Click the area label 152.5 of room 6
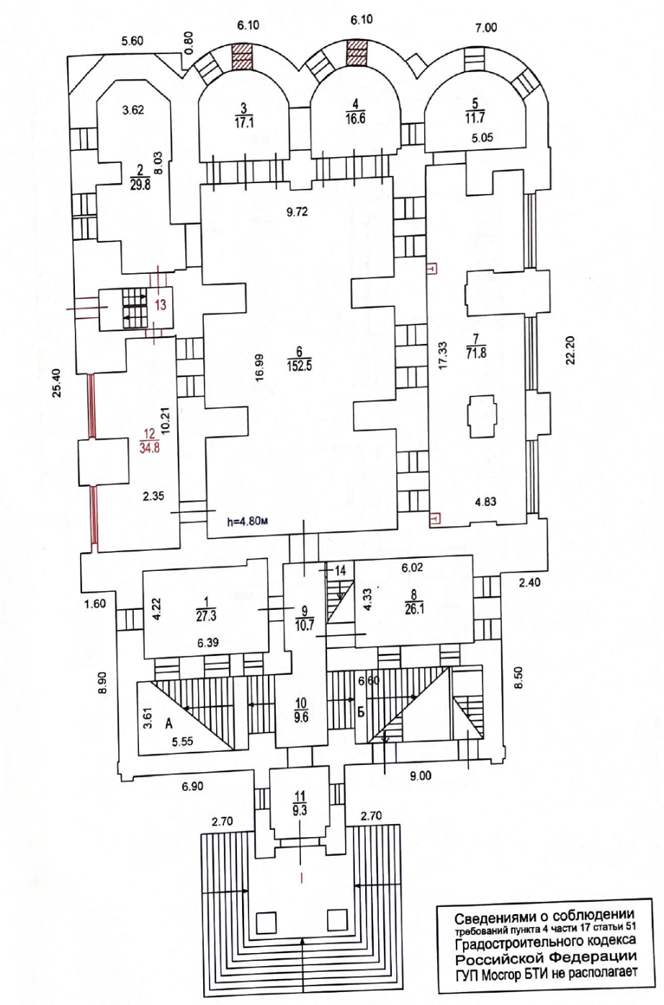[300, 366]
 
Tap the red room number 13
[161, 305]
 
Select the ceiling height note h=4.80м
[248, 521]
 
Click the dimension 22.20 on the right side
[571, 350]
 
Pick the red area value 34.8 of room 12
[150, 448]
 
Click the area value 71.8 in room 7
[476, 353]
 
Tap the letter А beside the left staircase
[169, 723]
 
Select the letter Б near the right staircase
[361, 712]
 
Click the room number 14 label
[341, 570]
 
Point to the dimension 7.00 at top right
[486, 28]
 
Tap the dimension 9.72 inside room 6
[297, 212]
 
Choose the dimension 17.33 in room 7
[443, 356]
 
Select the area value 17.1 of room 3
[243, 123]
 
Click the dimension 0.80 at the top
[189, 42]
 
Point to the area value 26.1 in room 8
[414, 610]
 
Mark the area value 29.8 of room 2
[140, 185]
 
